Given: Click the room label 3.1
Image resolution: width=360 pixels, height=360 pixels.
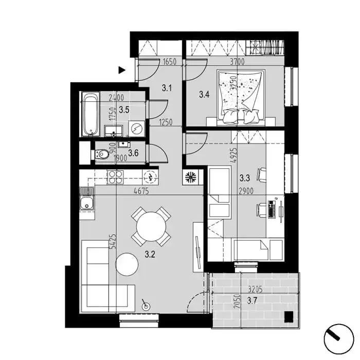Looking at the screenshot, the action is pos(167,88).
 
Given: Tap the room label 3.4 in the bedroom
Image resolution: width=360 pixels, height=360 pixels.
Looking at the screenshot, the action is pos(204,94).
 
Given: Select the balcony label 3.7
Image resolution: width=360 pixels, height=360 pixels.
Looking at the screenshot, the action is pos(252,301).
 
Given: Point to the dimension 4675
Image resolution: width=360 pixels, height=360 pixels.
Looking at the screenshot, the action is pos(141,191).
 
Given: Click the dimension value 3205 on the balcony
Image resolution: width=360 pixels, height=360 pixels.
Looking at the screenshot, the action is pos(255,290).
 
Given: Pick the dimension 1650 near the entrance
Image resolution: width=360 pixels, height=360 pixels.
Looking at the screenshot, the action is pos(169,62).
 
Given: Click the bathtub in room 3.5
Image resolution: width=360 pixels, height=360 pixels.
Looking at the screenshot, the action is pos(91,114).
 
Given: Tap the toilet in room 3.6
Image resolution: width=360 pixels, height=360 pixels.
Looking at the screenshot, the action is pos(101,154).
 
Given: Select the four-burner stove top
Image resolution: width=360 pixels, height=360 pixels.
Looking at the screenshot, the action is pos(115,177).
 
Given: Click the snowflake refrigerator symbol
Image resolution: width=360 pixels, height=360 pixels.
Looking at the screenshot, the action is pos(190,177).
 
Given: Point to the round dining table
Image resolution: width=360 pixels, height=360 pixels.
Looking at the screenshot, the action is pos(151,227).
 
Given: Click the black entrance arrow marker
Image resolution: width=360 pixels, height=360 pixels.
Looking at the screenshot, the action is pos(122,70).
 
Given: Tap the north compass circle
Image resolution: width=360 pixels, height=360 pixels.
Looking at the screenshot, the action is pos(338,339).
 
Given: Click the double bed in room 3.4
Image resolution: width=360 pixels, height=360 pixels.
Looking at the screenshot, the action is pos(241,98).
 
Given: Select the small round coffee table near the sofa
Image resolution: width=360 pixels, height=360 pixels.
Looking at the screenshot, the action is pos(127,264).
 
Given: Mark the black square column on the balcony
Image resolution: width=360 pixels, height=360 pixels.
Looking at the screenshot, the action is pos(289,317).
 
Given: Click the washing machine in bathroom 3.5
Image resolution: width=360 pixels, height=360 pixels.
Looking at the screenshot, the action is pos(136,129).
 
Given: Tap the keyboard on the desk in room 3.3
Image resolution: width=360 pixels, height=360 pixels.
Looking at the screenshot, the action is pos(272,209).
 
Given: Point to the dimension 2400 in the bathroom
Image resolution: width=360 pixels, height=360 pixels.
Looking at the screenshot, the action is pos(116,98).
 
